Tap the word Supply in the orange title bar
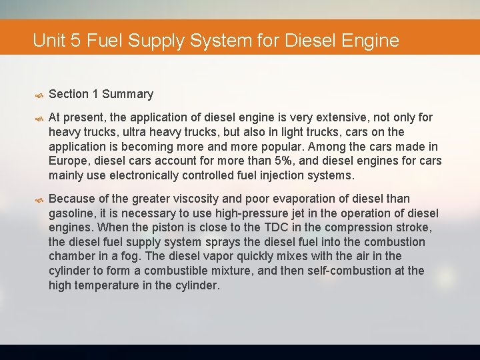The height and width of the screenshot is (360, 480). tap(156, 41)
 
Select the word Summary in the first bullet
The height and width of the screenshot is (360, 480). tap(127, 94)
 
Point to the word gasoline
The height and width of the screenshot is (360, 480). tap(73, 213)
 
